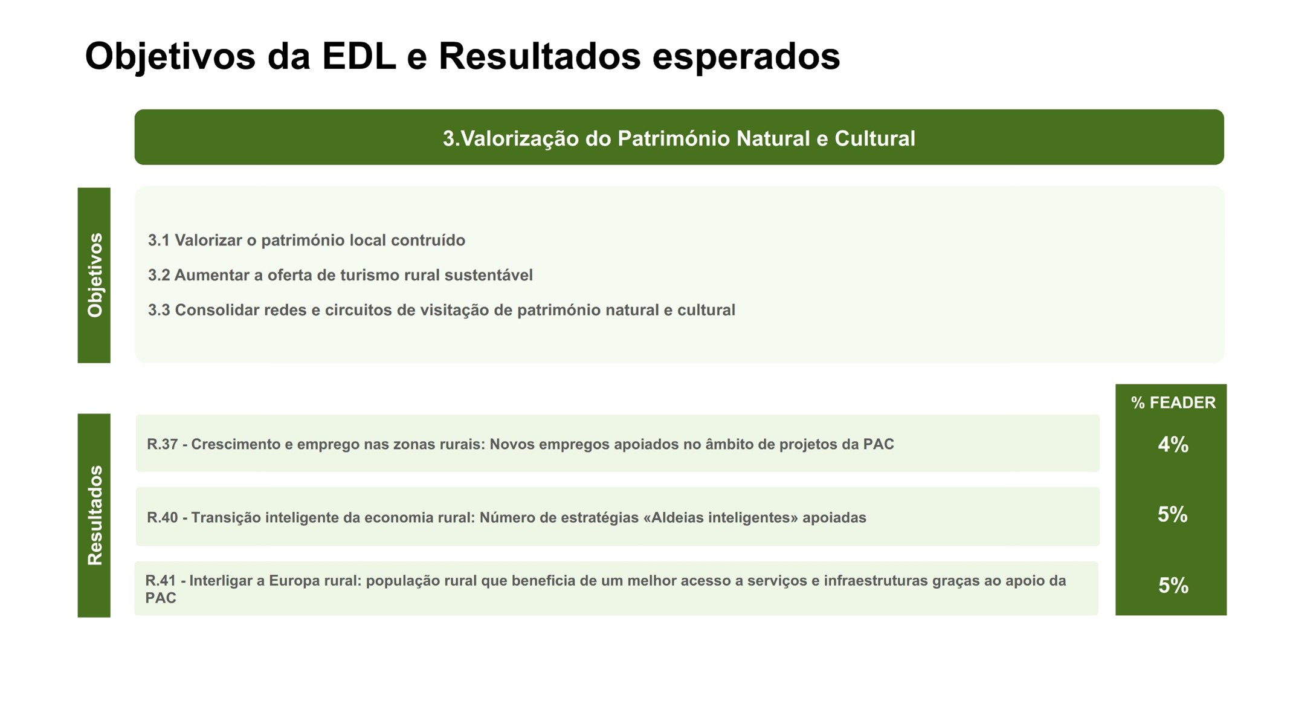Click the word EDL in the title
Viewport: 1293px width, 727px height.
point(359,56)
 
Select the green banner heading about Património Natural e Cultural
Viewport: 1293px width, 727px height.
point(679,137)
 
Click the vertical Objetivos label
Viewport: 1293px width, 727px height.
point(94,275)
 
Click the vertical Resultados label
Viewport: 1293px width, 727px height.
point(94,515)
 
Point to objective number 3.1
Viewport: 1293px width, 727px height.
point(158,241)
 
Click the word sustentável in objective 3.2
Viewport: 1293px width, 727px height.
point(488,276)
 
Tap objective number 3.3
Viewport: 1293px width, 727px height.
point(158,311)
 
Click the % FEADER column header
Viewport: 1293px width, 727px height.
point(1173,403)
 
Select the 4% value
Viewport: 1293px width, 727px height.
point(1173,445)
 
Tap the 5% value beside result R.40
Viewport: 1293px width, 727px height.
point(1172,515)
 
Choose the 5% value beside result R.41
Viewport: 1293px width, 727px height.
point(1173,586)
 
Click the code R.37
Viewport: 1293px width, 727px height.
point(162,445)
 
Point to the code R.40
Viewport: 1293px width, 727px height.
point(162,518)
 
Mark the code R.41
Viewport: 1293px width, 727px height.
point(161,581)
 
